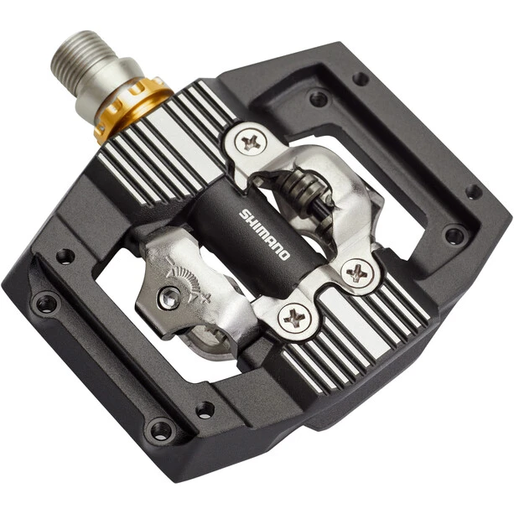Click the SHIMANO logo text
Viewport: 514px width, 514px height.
pos(264,235)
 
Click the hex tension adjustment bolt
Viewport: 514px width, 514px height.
pos(170,298)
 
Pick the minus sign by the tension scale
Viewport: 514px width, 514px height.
pos(169,261)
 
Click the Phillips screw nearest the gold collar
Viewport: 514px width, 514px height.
pos(251,143)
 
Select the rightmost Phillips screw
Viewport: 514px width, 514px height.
pos(357,272)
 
